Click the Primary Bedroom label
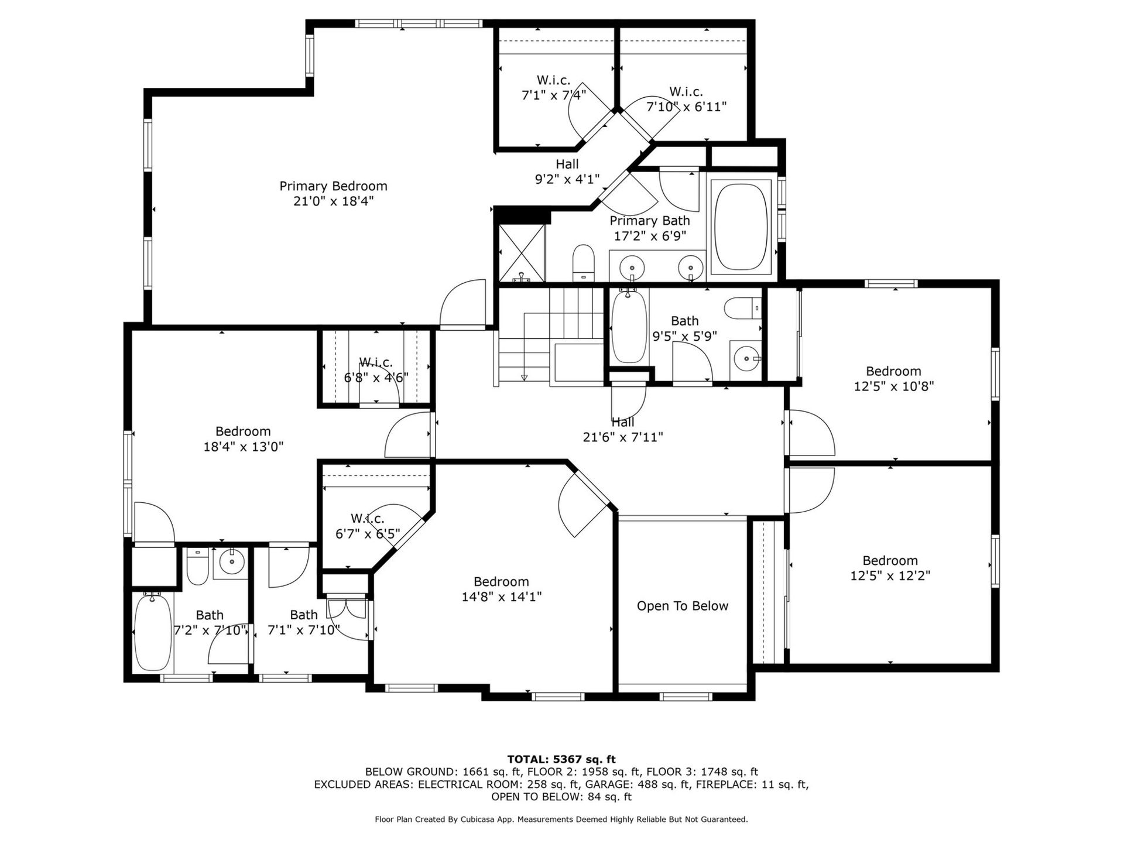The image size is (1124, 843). [x=333, y=186]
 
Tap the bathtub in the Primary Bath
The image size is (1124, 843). [x=741, y=227]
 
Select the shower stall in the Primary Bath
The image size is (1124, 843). [x=522, y=253]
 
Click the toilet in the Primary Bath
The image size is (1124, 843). [x=583, y=263]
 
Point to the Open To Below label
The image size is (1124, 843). [x=683, y=606]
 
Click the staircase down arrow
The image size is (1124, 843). [x=525, y=377]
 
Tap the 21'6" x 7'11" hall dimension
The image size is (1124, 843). [x=623, y=437]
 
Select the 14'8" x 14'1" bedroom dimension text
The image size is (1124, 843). [x=502, y=597]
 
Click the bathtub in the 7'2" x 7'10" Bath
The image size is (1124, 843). [x=153, y=633]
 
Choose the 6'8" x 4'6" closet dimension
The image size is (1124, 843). [x=376, y=378]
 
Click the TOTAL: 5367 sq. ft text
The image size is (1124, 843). [x=561, y=760]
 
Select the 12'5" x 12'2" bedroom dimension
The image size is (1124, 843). [x=890, y=576]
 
